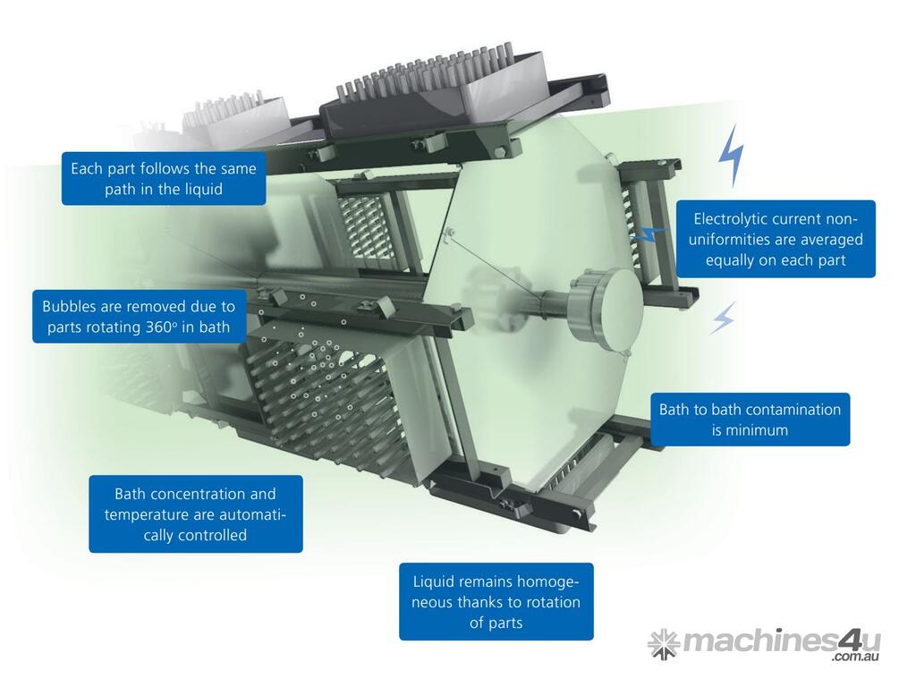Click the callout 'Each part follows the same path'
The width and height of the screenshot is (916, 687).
164,179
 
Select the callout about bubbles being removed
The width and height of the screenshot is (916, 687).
139,317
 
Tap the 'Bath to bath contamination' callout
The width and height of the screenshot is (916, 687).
751,420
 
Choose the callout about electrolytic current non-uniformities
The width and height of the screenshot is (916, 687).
776,239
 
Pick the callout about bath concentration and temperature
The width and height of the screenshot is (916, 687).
196,514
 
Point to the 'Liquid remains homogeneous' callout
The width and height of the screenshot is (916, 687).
496,602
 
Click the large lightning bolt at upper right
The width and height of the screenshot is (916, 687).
732,155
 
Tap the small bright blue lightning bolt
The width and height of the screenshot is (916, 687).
649,234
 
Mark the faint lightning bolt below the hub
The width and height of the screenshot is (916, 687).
723,318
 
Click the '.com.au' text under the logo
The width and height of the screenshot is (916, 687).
856,657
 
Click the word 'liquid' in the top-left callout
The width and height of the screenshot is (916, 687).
204,190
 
